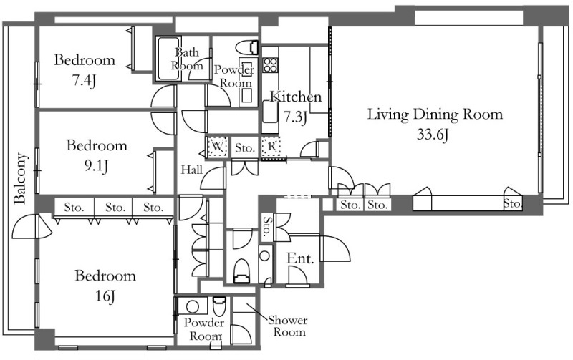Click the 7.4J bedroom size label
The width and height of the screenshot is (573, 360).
point(84,81)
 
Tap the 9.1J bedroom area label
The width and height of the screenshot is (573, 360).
point(97,167)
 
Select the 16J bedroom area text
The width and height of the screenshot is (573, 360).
point(105,296)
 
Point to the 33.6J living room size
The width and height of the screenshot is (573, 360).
point(433,135)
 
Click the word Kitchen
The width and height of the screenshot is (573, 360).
point(296,97)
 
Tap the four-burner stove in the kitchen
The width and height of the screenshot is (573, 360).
point(270,65)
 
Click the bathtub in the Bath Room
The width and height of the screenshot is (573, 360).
point(168,59)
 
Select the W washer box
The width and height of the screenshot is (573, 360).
point(217,147)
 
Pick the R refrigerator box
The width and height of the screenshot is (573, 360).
point(271,147)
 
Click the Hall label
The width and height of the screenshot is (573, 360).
point(192,170)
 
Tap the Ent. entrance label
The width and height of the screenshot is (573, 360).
point(300,258)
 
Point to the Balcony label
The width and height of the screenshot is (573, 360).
point(21,178)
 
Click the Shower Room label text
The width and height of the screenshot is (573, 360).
point(288,326)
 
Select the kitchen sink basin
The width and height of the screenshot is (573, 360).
point(270,112)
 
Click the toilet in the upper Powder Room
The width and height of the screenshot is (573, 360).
point(247,47)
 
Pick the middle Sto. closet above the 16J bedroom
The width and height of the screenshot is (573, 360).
point(115,208)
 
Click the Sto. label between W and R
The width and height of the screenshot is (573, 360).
point(245,148)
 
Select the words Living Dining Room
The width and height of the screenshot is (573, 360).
point(435,115)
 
